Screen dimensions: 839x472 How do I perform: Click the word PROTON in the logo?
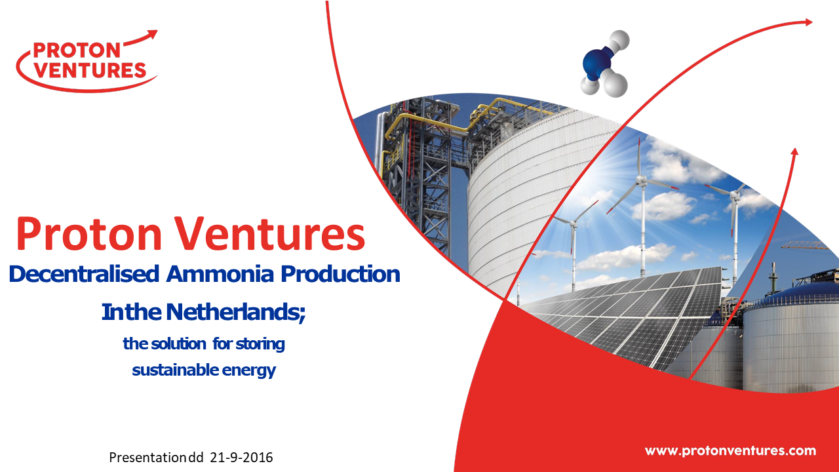tap(77, 50)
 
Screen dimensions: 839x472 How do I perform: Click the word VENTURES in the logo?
tap(90, 70)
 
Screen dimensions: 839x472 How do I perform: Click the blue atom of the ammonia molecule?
tap(597, 63)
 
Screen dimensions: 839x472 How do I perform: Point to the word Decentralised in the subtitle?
tap(85, 274)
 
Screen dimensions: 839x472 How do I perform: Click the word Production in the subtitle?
tap(340, 274)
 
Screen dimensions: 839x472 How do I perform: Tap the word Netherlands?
tap(235, 312)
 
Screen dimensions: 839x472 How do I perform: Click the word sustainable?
tap(176, 370)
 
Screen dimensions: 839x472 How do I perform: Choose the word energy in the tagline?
tap(249, 371)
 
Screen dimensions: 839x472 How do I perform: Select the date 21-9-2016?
tap(242, 458)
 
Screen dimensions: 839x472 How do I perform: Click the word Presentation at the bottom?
tap(148, 458)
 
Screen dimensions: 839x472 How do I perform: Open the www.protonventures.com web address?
tap(730, 450)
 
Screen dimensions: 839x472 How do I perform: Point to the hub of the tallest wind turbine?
tap(642, 181)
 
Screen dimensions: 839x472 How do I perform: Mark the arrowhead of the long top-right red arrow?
tap(807, 22)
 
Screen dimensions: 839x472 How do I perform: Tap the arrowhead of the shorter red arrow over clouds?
tap(794, 151)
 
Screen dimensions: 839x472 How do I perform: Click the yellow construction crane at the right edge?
tap(806, 246)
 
